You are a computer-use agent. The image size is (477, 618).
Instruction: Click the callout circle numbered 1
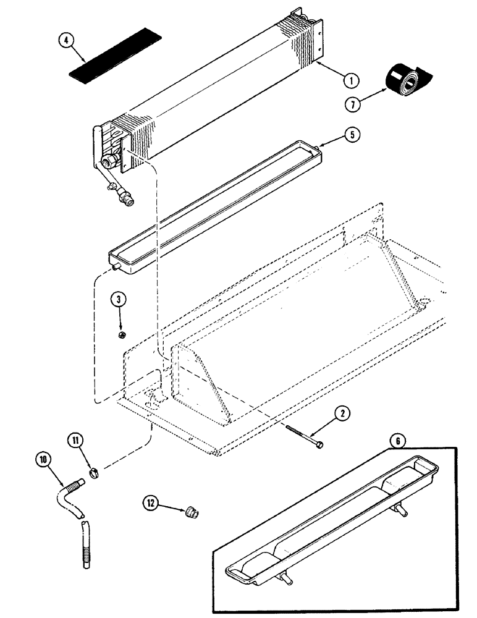pos(350,79)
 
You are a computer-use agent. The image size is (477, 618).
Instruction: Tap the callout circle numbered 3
pos(119,300)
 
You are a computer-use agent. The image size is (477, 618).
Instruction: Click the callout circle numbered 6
pos(399,441)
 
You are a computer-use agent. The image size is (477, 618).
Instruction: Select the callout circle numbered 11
pos(75,440)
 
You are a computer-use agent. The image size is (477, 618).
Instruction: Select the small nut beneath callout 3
pos(122,335)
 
